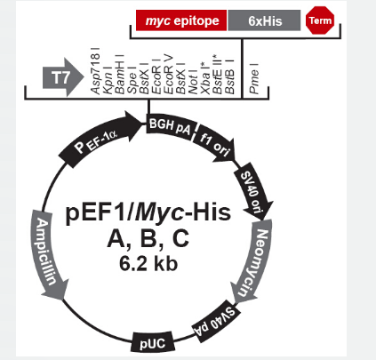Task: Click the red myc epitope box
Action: point(181,20)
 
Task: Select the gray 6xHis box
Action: point(264,20)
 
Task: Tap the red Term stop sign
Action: point(320,20)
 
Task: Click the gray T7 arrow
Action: point(63,77)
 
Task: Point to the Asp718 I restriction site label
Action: point(95,71)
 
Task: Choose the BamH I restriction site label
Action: point(120,74)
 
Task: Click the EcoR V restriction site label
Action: point(168,74)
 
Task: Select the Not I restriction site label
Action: point(193,82)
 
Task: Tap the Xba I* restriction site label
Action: point(205,78)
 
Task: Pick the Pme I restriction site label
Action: point(254,78)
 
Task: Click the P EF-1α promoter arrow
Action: point(100,136)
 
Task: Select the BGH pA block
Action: point(171,127)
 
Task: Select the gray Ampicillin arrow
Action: point(48,255)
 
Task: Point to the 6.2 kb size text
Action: point(148,263)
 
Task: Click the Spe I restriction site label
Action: point(132,80)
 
